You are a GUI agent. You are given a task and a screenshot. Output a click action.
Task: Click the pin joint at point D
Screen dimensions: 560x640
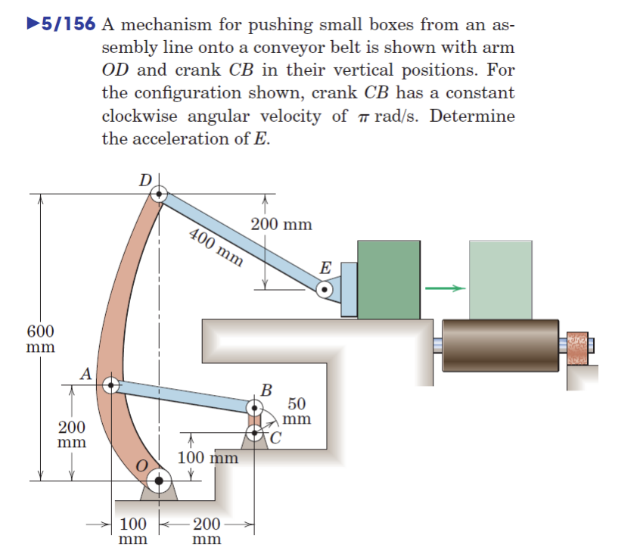coord(158,194)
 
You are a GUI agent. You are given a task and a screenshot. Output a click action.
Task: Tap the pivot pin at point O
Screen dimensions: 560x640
coord(158,478)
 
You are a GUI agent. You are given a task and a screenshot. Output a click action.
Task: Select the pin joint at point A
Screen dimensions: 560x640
coord(110,384)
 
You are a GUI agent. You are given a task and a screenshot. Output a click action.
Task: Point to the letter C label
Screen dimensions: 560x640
coord(275,437)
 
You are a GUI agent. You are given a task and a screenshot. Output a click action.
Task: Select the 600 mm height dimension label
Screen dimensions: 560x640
coord(39,338)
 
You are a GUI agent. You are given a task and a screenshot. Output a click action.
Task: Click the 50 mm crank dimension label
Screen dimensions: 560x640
coord(297,411)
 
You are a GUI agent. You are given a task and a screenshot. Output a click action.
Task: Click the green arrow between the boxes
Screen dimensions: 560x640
coord(443,288)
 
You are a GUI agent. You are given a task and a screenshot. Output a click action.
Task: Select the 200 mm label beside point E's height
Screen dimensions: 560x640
coord(281,225)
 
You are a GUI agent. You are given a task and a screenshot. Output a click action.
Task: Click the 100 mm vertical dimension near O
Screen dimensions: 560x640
coord(207,458)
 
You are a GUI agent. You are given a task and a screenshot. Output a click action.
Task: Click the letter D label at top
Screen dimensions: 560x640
coord(144,180)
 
